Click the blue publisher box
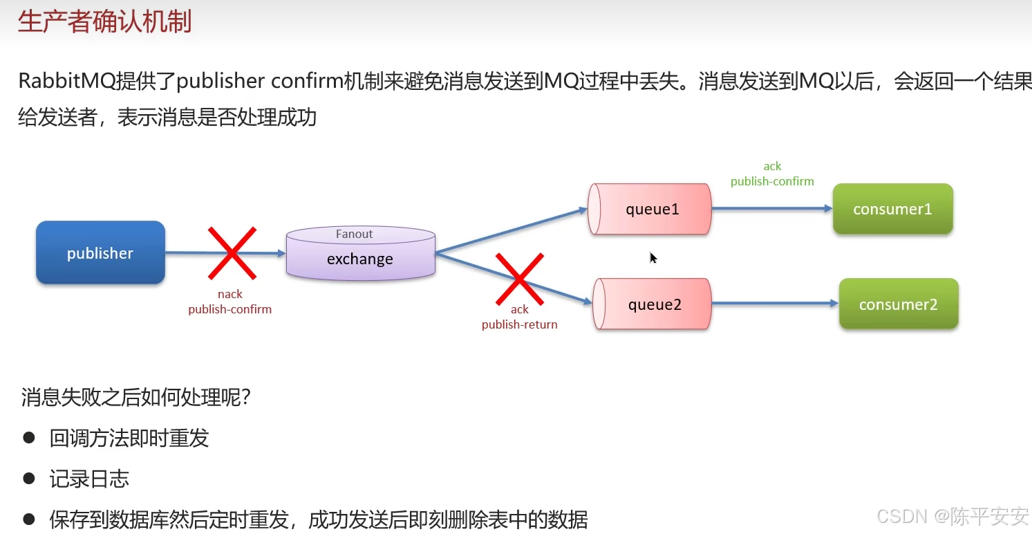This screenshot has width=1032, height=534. coord(100,252)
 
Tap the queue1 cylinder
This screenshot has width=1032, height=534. coord(650,209)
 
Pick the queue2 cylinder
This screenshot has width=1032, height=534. coord(653,304)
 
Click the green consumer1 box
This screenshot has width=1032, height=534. coord(892,209)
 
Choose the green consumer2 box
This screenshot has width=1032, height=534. coord(898,304)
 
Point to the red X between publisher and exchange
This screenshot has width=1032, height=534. coord(232,252)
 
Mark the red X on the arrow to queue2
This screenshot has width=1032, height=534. coord(519,279)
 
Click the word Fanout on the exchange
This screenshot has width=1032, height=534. coord(354,234)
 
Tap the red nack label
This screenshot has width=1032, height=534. coord(230,295)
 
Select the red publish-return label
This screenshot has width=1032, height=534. coord(519,324)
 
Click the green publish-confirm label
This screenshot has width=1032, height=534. coord(771,181)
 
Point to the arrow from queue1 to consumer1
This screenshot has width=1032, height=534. coord(771,208)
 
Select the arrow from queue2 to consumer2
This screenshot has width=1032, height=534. coord(774,303)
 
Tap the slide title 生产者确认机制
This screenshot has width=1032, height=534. coord(104,22)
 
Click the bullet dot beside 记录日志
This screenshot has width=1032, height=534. coord(28,478)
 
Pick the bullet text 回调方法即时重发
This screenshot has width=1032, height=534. coord(129,438)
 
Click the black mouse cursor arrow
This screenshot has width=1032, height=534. coord(653,257)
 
